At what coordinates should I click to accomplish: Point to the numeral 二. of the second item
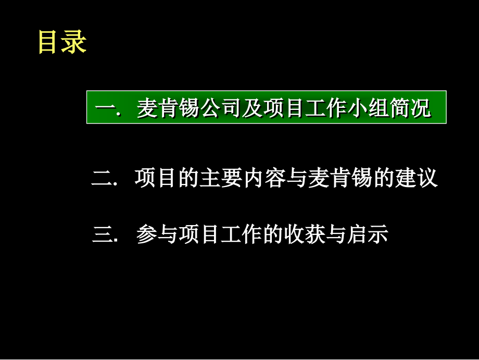click(104, 179)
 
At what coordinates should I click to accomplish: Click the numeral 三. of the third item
click(106, 235)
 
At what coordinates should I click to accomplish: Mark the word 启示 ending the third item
click(370, 234)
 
